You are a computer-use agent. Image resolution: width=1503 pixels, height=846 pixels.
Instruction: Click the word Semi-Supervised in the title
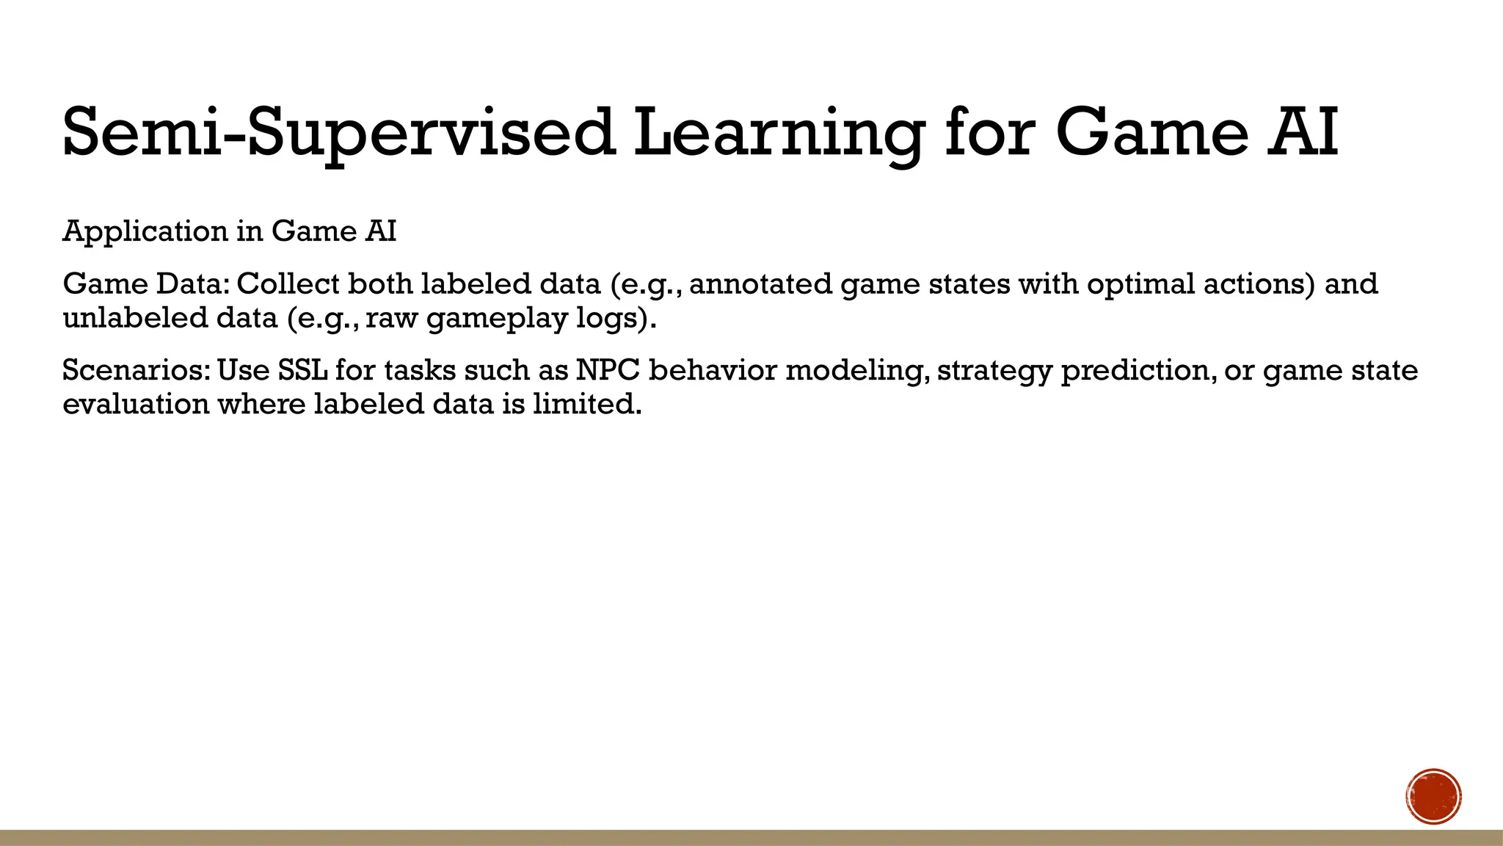click(338, 133)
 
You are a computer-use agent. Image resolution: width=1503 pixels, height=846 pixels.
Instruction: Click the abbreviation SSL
click(302, 370)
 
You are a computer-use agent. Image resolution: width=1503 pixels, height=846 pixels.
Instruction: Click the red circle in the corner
click(1433, 797)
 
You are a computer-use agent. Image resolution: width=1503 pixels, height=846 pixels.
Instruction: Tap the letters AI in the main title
click(1303, 133)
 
